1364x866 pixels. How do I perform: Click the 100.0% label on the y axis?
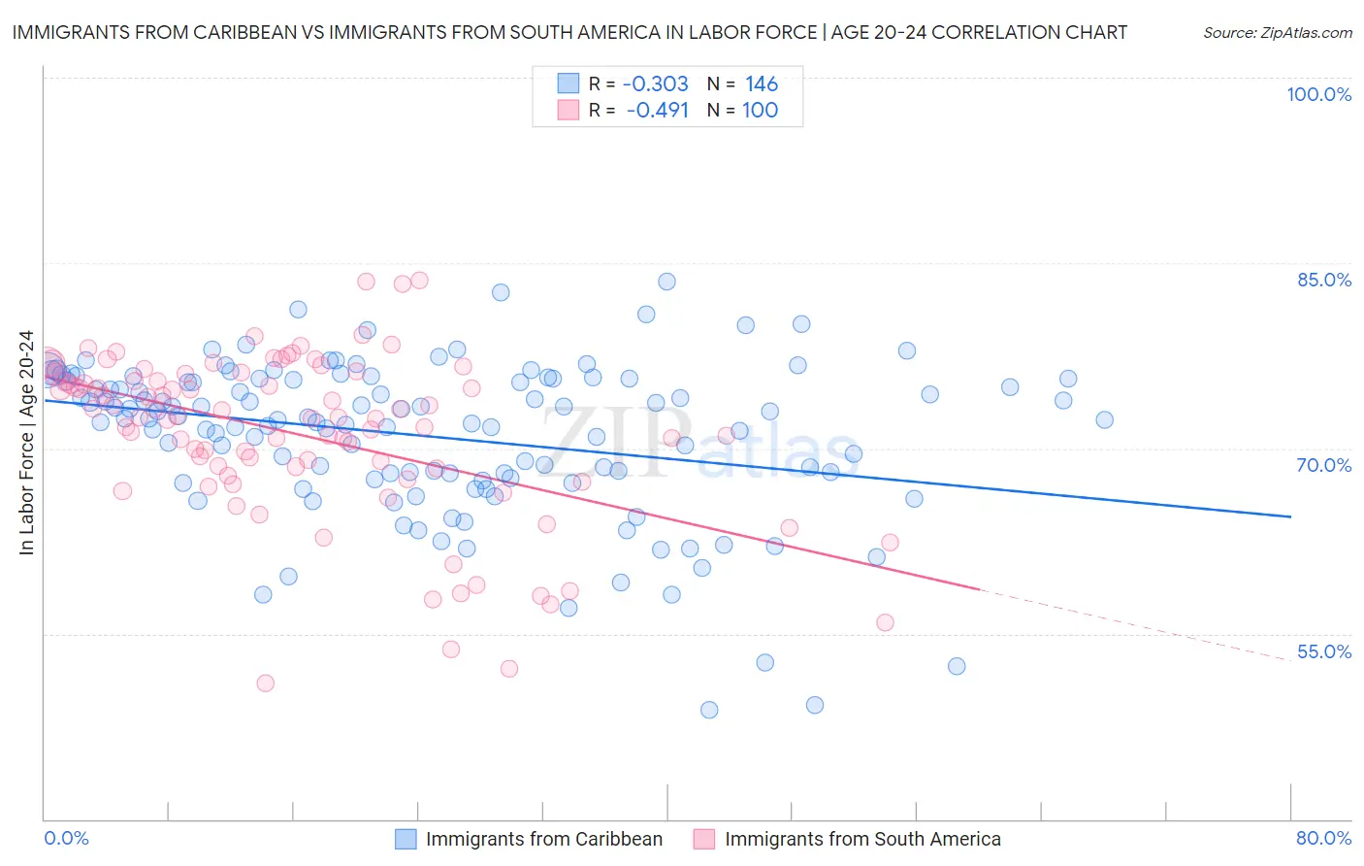click(1318, 94)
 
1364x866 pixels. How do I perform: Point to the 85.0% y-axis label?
click(1324, 280)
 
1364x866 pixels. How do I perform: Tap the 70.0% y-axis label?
click(1324, 465)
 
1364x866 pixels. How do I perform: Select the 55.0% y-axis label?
click(1324, 651)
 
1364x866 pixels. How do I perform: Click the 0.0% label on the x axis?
click(66, 838)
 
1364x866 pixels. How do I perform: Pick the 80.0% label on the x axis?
click(1323, 838)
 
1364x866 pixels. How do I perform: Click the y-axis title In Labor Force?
click(26, 444)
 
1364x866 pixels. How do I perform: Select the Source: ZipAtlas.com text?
click(1277, 33)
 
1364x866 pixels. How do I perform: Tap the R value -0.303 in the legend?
click(656, 84)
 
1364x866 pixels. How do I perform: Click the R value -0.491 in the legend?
click(657, 110)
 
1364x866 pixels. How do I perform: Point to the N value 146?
click(762, 84)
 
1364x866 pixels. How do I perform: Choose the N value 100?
click(760, 110)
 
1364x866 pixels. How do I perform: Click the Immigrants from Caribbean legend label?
click(544, 839)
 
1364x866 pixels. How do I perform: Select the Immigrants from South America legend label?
click(862, 839)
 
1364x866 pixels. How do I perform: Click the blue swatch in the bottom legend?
click(406, 839)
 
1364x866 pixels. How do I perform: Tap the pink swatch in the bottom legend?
click(704, 839)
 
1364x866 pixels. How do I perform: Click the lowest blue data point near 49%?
click(709, 710)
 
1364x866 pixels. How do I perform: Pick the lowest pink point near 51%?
click(265, 683)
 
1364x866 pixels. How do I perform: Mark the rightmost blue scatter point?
click(1104, 420)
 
